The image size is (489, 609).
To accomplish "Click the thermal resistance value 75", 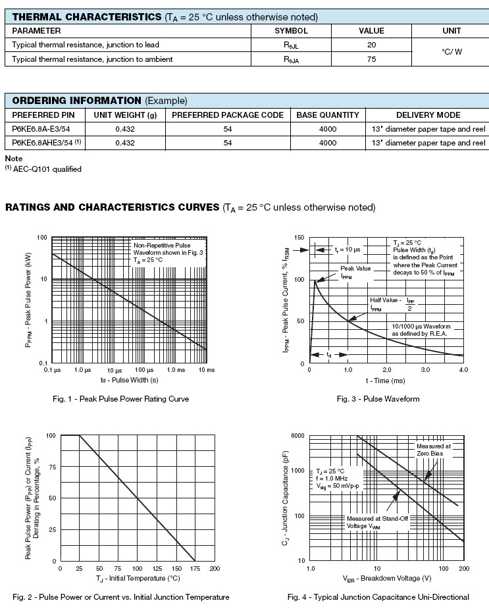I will point(371,59).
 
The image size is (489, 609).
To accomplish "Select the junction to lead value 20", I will point(371,45).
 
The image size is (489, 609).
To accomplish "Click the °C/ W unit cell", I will point(451,51).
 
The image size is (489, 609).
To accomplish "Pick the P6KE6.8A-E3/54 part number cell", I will point(41,129).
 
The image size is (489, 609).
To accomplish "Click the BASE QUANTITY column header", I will point(328,115).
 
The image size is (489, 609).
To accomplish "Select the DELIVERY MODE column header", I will point(428,115).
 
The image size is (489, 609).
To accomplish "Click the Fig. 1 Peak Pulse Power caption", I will point(121,399).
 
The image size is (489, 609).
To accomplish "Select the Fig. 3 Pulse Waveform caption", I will point(378,399).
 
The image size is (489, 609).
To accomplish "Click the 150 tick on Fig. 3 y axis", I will point(299,238).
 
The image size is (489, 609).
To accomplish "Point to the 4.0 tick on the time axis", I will point(463,370).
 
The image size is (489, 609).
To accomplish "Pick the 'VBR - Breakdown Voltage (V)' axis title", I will point(386,579).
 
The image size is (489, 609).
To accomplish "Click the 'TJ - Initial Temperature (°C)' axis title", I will point(137,578).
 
